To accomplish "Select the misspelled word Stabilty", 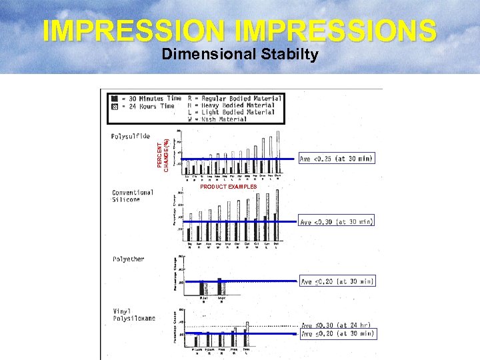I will tap(289, 55).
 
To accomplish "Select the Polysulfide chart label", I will tap(131, 136).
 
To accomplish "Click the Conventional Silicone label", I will tap(133, 197).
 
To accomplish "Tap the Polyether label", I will tap(128, 259).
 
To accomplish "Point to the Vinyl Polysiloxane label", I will tap(133, 315).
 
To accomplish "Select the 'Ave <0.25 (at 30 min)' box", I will tap(337, 159).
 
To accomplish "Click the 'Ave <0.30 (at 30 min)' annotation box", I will tap(337, 221).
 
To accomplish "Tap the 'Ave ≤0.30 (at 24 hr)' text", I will tap(337, 326).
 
